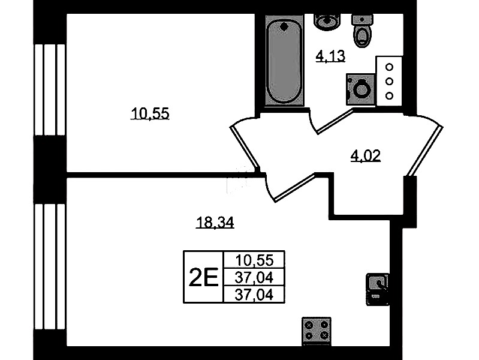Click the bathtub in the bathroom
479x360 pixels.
pos(284,61)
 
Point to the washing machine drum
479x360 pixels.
pos(361,89)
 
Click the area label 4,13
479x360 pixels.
pos(330,56)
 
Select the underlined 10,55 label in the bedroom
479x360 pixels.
pos(150,113)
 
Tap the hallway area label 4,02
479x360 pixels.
pos(365,156)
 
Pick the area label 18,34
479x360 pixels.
pos(215,223)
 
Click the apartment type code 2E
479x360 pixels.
pos(203,277)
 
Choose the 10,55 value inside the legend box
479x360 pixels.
pos(254,260)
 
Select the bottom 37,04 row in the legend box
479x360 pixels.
pos(254,295)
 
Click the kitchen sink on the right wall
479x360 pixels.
pos(377,289)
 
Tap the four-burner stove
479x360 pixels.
pos(317,331)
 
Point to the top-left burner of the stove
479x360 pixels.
pos(309,325)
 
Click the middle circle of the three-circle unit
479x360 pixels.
pos(389,82)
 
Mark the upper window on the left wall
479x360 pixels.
pos(50,89)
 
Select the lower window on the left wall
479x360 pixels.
pos(50,266)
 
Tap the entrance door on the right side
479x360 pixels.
pos(425,151)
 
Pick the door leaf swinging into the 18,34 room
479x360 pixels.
pos(294,187)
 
